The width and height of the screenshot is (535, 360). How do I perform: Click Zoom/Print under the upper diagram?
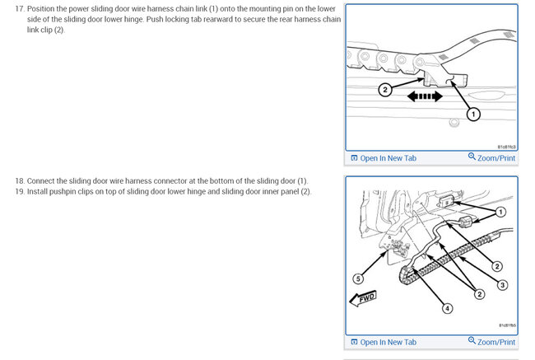[491, 157]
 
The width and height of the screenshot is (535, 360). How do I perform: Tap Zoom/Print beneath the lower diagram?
[491, 342]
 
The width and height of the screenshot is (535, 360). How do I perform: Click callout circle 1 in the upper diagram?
[474, 115]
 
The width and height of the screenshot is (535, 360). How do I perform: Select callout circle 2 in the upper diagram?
[385, 91]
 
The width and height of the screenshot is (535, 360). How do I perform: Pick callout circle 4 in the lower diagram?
[447, 309]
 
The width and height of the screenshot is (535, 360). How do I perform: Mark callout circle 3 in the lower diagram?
[503, 284]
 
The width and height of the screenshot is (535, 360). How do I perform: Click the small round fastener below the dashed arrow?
[453, 126]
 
